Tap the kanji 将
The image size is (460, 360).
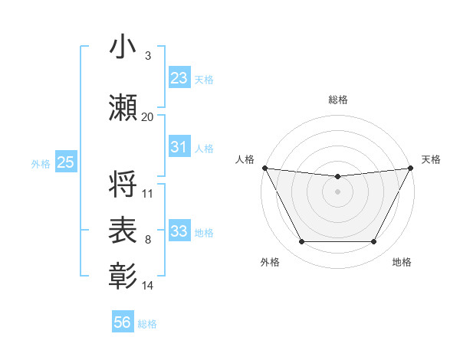point(123,185)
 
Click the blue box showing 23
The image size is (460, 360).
point(179,78)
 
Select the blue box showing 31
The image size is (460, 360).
point(179,147)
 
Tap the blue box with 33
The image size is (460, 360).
point(179,231)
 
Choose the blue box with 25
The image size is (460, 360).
point(65,162)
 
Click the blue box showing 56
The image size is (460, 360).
point(123,322)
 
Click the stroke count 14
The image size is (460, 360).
point(148,286)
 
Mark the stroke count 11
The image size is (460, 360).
point(148,194)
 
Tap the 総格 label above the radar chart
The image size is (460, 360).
point(337,100)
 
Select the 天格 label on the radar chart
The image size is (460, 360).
point(431,159)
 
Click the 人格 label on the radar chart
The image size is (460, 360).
point(245,159)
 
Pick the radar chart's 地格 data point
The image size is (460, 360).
point(374,242)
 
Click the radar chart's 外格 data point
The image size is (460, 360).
point(301,242)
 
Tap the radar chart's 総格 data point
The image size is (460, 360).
point(337,177)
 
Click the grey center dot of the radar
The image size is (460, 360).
point(337,191)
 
